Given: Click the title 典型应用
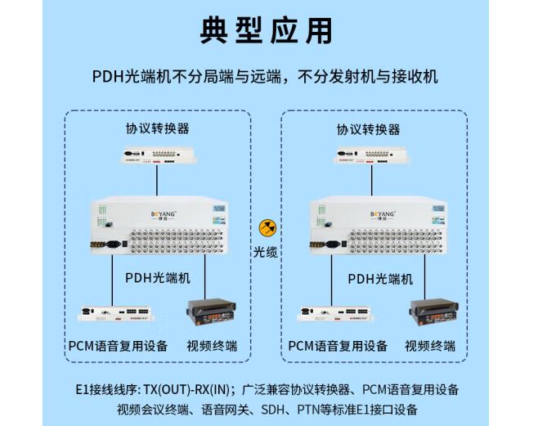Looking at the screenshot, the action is click(267, 30).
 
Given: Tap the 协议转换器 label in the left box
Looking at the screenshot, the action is click(158, 128).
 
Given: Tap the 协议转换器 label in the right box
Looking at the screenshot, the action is click(368, 128).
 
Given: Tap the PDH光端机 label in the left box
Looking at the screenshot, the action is click(158, 277).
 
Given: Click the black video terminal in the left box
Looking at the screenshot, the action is click(209, 314).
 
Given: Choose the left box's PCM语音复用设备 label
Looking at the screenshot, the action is click(118, 345).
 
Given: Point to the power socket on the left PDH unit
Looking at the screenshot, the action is click(113, 243).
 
